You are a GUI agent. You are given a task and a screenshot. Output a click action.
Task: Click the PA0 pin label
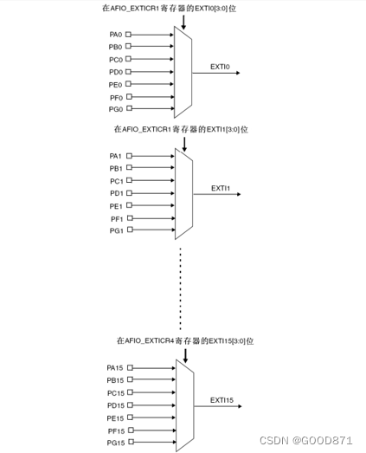point(115,36)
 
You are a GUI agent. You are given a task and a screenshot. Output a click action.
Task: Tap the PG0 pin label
point(115,109)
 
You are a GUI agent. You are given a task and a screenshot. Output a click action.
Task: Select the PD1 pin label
point(116,193)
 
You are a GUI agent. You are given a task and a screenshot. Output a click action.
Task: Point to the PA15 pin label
point(115,367)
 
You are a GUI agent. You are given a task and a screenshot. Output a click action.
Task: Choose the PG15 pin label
point(115,443)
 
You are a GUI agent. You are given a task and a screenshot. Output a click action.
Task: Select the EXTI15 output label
point(222,399)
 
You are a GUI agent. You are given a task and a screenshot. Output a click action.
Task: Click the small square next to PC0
point(130,60)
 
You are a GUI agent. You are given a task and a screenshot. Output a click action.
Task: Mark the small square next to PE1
point(130,206)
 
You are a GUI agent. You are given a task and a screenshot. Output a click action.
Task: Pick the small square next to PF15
point(130,430)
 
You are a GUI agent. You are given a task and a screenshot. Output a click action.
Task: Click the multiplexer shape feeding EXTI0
point(183,73)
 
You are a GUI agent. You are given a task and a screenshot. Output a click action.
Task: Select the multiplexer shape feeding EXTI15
point(184,405)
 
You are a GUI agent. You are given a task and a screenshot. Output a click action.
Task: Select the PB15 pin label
point(115,380)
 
